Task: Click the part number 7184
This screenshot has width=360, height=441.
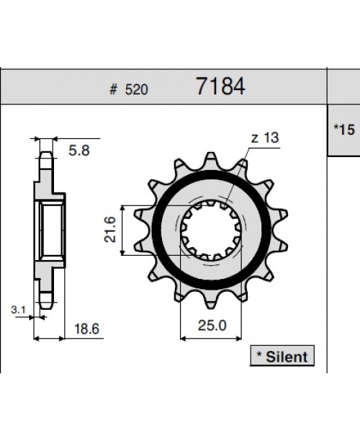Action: (220, 86)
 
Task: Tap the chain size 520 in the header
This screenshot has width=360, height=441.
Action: (136, 90)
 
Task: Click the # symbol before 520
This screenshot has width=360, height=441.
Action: (113, 90)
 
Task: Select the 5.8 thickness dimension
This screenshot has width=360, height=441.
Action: (79, 151)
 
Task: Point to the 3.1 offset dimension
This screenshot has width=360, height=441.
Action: (18, 310)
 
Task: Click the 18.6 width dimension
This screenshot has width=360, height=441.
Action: (86, 329)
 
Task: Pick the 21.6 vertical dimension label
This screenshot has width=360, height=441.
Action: (110, 229)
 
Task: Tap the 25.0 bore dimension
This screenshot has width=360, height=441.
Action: (212, 326)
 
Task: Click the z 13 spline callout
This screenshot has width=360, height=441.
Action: (265, 138)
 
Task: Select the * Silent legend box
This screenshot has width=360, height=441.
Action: (282, 356)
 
